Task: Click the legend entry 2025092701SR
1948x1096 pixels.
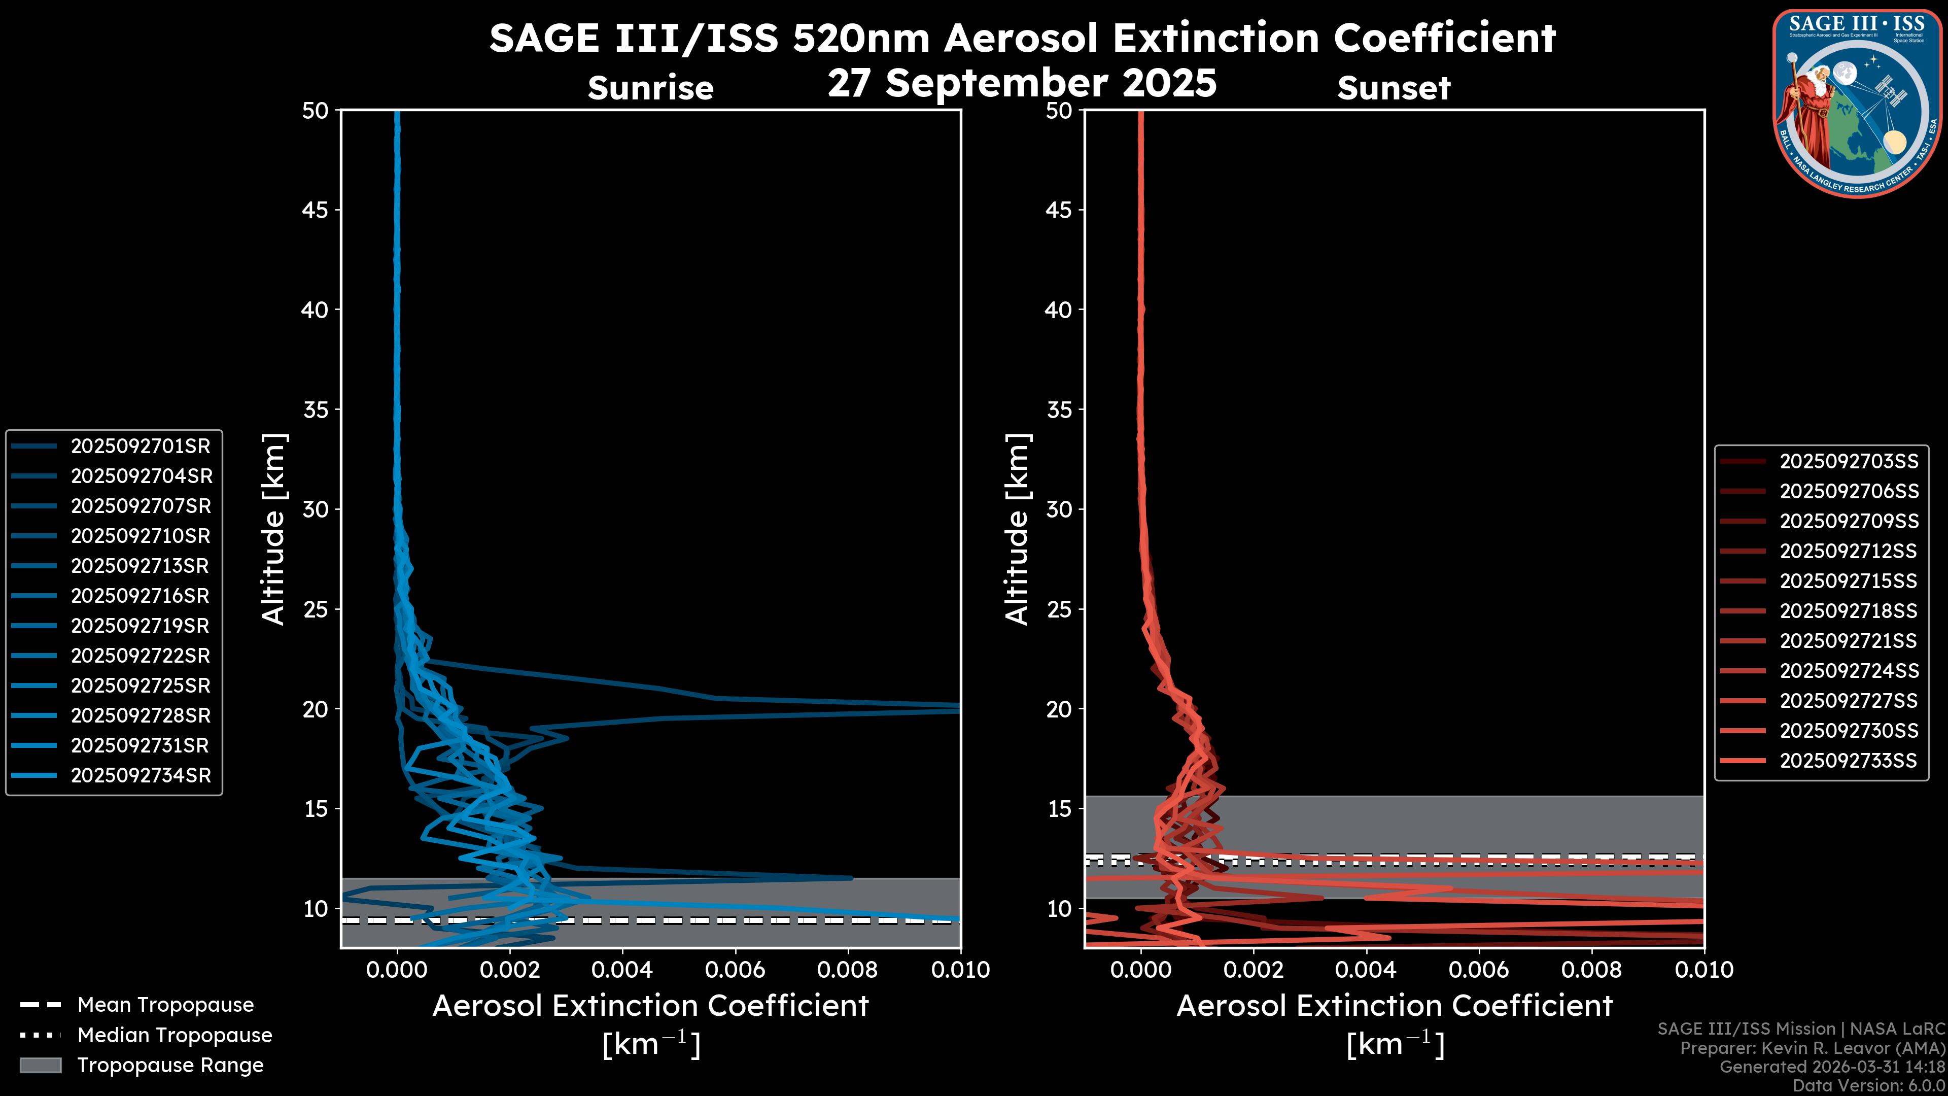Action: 140,447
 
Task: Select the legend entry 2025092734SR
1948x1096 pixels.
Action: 140,775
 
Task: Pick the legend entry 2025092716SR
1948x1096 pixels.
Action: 140,596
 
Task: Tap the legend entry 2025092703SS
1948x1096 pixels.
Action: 1848,461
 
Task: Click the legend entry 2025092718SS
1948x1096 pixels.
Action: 1848,610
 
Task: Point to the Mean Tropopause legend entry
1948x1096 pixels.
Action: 165,1005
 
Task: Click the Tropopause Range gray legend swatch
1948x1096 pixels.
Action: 41,1065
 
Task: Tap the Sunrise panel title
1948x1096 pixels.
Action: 650,88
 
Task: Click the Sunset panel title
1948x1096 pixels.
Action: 1394,88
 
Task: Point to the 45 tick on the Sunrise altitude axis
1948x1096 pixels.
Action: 316,210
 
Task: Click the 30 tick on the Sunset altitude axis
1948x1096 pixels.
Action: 1059,509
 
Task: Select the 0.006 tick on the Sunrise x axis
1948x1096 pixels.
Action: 735,970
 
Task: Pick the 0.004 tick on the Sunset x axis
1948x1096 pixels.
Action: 1367,970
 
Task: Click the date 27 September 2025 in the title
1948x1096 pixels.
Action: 1022,83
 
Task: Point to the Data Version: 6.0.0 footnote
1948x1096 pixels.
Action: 1869,1085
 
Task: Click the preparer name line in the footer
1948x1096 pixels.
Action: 1812,1048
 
